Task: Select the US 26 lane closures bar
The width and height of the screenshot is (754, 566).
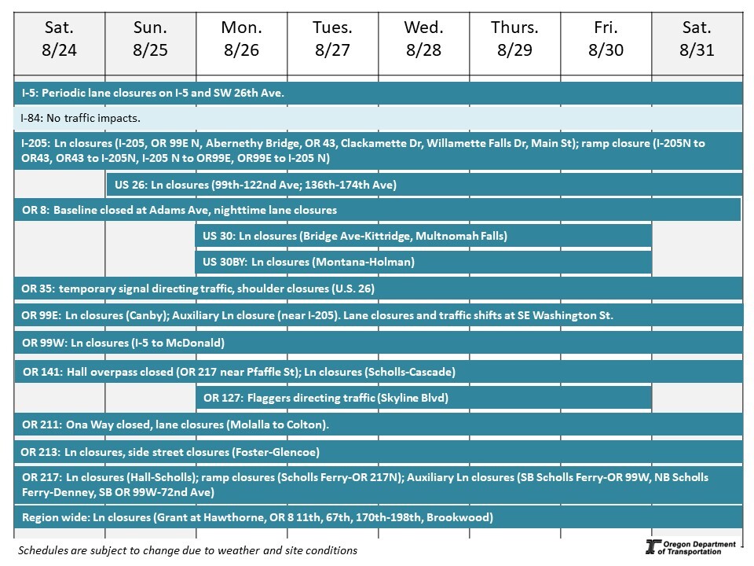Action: [x=424, y=186]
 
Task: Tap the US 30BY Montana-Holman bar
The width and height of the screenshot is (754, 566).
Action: [x=423, y=262]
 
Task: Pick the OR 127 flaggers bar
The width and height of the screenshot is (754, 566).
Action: [x=423, y=398]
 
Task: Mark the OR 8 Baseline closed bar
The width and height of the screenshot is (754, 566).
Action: [x=377, y=210]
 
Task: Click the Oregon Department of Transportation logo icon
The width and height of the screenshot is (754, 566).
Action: [x=651, y=548]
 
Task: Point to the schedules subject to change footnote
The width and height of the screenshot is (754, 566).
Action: [x=187, y=550]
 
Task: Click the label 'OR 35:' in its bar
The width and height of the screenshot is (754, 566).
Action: [x=38, y=289]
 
